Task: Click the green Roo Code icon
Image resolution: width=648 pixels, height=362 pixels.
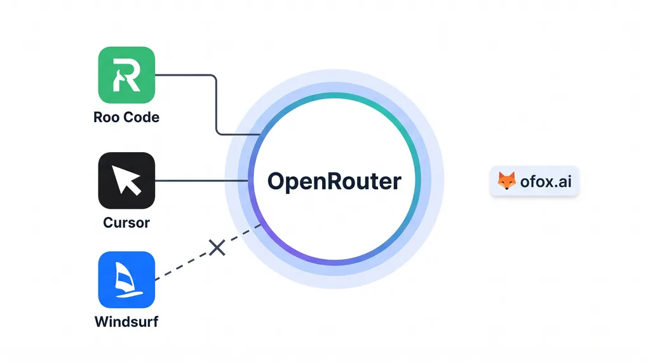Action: tap(126, 75)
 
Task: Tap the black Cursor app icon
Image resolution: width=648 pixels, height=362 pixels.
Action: tap(126, 181)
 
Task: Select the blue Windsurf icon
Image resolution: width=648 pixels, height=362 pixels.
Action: tap(126, 280)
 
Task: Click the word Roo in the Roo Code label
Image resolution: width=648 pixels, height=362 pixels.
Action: tap(106, 118)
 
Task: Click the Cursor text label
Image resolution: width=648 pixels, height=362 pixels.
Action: tap(126, 223)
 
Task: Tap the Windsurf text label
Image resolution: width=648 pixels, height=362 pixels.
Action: tap(126, 322)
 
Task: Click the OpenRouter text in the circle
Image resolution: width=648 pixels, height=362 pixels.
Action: tap(334, 181)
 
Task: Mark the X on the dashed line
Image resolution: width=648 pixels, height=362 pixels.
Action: tap(217, 247)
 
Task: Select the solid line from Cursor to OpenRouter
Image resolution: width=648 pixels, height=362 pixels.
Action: tap(200, 181)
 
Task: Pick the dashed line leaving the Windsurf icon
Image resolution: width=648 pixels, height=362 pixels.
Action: tap(184, 263)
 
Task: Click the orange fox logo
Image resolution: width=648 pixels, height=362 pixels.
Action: tap(506, 181)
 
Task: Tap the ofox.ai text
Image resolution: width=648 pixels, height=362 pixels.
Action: tap(546, 182)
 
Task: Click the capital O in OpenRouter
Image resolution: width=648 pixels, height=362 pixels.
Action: tap(276, 181)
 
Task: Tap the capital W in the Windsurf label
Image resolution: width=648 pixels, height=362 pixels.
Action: tap(102, 322)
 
